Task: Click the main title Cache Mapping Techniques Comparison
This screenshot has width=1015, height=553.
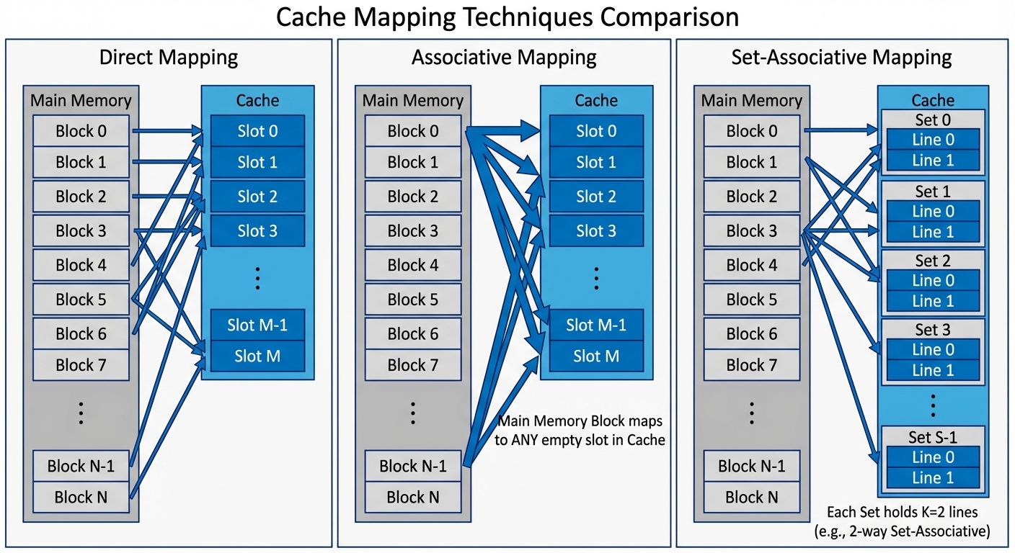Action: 507,17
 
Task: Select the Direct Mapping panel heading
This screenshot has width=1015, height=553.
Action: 169,57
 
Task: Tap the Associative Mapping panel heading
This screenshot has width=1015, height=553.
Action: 504,57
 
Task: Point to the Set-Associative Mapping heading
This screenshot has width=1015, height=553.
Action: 841,57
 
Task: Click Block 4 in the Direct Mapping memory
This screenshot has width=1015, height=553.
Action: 81,265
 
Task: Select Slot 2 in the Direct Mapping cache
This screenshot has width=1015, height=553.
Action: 257,197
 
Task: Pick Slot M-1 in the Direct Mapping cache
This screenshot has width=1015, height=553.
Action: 257,325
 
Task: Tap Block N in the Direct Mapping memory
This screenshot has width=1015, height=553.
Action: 81,497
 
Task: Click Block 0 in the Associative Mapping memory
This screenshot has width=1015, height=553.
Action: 412,131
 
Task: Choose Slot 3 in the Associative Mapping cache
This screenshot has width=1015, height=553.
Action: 596,231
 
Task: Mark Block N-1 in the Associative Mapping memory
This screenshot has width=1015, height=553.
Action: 412,466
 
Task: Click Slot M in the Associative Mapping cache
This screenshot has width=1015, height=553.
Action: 596,356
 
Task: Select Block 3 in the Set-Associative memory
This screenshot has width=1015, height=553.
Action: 751,231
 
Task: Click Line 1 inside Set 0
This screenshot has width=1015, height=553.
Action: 933,161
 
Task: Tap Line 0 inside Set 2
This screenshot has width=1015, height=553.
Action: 933,281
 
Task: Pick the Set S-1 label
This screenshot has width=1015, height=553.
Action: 933,437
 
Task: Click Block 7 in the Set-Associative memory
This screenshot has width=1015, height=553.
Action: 751,365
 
